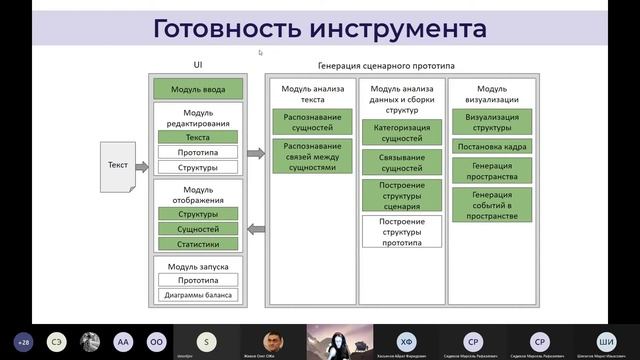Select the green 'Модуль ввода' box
(198, 90)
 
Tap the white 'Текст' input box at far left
(118, 166)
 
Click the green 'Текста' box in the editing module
(198, 137)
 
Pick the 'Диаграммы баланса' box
(198, 294)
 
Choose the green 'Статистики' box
(198, 242)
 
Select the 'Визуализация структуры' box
(491, 123)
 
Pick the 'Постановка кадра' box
(491, 146)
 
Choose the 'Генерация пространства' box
(491, 170)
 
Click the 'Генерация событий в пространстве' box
(491, 204)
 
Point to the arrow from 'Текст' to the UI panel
(141, 166)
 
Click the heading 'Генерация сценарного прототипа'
(400, 65)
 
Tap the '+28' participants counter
(22, 341)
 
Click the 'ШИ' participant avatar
(606, 340)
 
